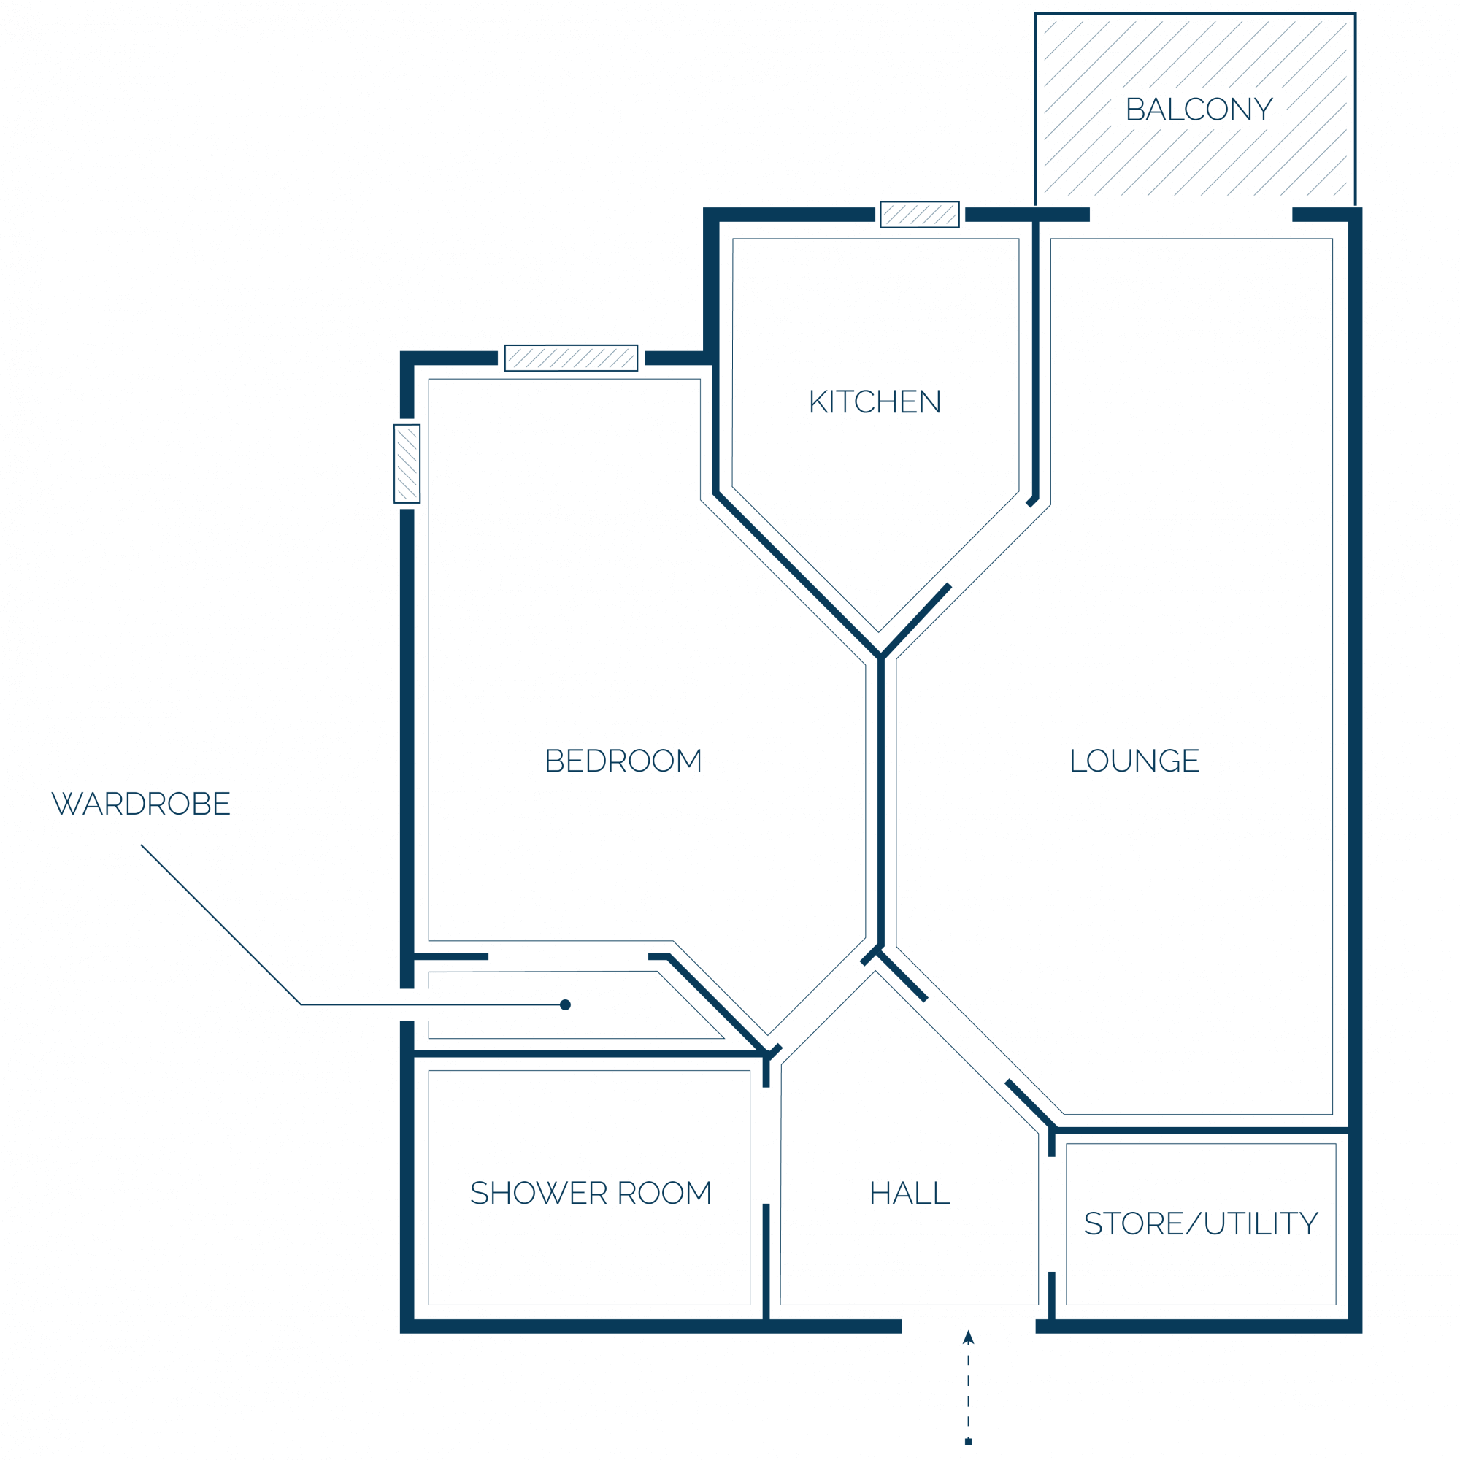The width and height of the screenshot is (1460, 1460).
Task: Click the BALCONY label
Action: click(1199, 109)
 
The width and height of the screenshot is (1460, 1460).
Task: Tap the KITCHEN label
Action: click(875, 402)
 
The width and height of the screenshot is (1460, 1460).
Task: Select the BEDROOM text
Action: click(623, 761)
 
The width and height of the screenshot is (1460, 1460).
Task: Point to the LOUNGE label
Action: click(1134, 761)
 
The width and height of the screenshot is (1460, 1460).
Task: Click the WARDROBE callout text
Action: click(141, 803)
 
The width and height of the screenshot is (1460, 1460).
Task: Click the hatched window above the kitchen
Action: click(920, 215)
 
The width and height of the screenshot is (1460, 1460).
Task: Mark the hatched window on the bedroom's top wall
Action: click(572, 358)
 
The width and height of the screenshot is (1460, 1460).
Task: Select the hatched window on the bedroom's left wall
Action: click(407, 464)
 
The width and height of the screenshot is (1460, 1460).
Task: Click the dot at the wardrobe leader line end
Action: click(565, 1005)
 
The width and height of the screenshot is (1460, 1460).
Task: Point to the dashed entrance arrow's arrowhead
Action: click(968, 1337)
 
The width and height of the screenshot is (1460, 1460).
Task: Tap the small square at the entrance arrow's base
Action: click(968, 1442)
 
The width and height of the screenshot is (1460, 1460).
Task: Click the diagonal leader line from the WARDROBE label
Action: click(220, 925)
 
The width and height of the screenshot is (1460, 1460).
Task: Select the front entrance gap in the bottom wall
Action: click(969, 1326)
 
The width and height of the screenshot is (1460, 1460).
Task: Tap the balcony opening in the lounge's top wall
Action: click(1191, 215)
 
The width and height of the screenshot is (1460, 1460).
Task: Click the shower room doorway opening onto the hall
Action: click(766, 1145)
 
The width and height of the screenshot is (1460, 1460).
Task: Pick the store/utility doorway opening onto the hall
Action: click(1051, 1215)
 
